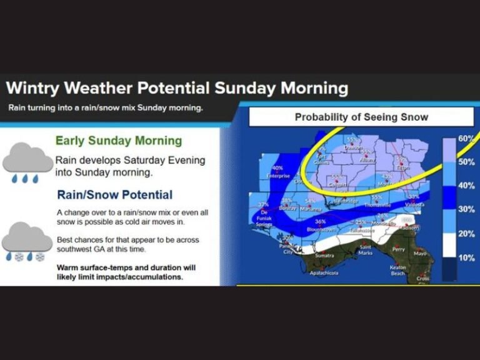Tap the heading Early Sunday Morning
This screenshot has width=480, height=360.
tap(118, 141)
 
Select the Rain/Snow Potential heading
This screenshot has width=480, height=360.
tap(114, 195)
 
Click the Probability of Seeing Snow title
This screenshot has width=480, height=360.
tap(361, 117)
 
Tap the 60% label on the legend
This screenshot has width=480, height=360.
tap(466, 138)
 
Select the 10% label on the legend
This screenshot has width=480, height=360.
tap(466, 258)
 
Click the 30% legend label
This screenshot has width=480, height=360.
tap(466, 209)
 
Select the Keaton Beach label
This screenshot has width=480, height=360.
tap(398, 270)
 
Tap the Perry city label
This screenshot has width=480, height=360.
tap(398, 249)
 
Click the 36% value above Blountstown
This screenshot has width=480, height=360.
tap(321, 222)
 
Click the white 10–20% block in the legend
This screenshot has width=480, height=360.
tap(449, 246)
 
